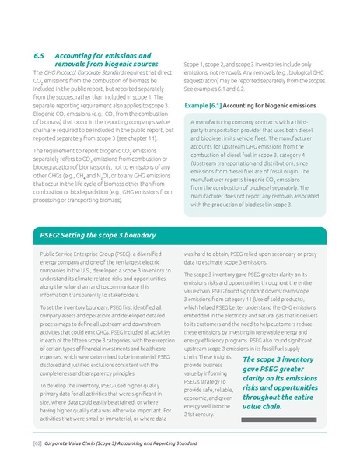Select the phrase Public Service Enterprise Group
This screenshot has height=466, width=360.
pyautogui.click(x=77, y=254)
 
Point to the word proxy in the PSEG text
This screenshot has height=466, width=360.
pyautogui.click(x=332, y=262)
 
